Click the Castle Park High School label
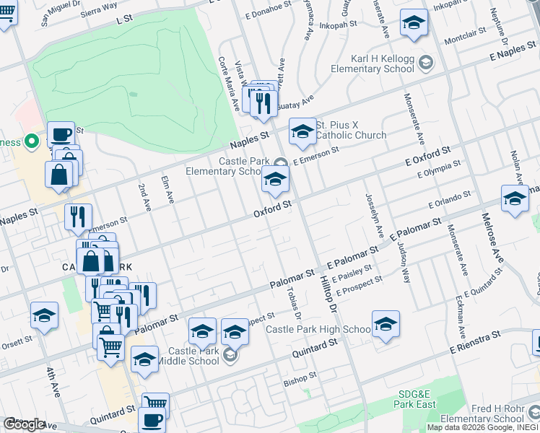(x=318, y=329)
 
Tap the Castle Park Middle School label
(x=193, y=356)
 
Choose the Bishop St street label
(x=300, y=378)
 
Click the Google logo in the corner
(x=24, y=424)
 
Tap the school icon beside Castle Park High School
(x=386, y=324)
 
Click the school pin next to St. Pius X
(x=302, y=132)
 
